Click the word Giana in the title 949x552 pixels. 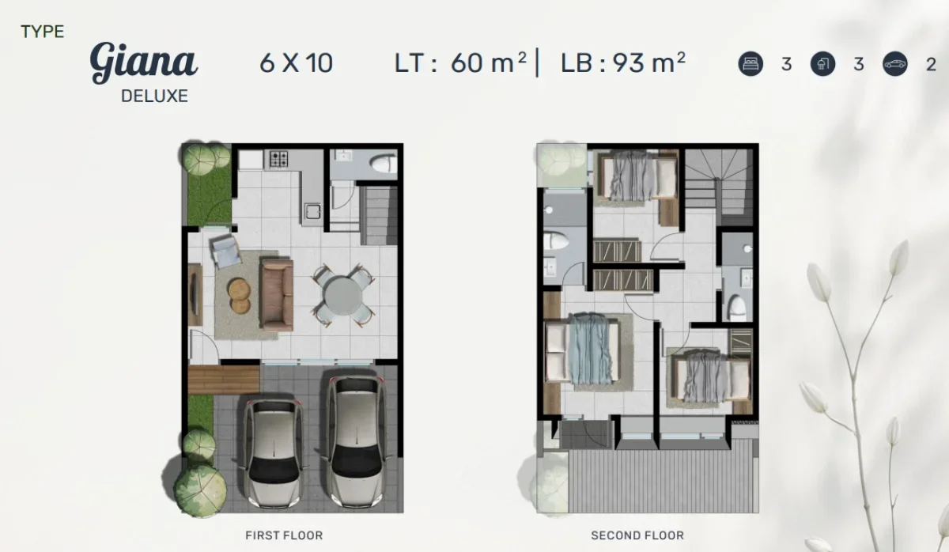143,63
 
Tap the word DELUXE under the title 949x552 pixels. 154,96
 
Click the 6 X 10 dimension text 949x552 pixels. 296,62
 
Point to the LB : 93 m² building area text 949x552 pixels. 622,62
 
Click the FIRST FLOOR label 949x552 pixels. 284,535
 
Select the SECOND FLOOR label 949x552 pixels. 637,535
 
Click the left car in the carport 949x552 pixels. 273,451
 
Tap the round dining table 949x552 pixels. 342,294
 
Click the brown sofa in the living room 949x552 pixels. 277,294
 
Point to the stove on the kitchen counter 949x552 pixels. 279,159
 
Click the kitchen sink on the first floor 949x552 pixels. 311,212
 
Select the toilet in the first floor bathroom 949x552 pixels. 383,164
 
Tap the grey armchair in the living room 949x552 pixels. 225,251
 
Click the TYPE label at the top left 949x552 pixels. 43,32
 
